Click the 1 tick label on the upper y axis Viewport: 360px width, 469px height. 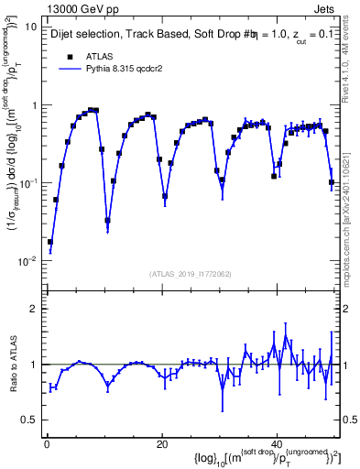coord(34,105)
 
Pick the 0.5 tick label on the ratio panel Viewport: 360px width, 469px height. coord(29,420)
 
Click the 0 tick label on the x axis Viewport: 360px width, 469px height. coord(46,443)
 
